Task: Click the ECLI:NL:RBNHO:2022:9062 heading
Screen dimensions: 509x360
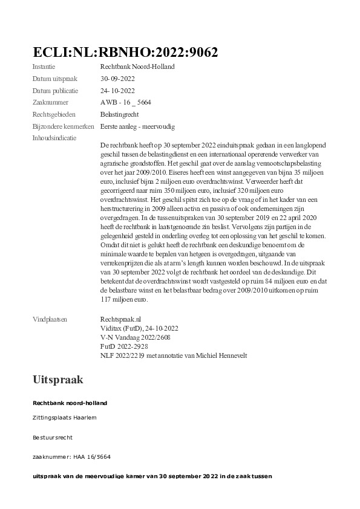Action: tap(125, 52)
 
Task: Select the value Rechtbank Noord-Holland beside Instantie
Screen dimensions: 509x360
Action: tap(137, 66)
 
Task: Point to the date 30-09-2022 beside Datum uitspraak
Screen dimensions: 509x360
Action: tap(117, 79)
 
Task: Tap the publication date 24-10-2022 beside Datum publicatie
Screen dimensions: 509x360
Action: tap(117, 91)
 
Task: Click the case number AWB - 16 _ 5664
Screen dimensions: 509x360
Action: tap(126, 102)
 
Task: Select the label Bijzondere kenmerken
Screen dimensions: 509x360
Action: tap(64, 126)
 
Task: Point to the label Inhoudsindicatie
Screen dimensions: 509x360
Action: tap(54, 138)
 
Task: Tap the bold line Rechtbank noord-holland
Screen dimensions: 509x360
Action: tap(70, 403)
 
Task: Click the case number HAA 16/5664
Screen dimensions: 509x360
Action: tap(91, 457)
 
